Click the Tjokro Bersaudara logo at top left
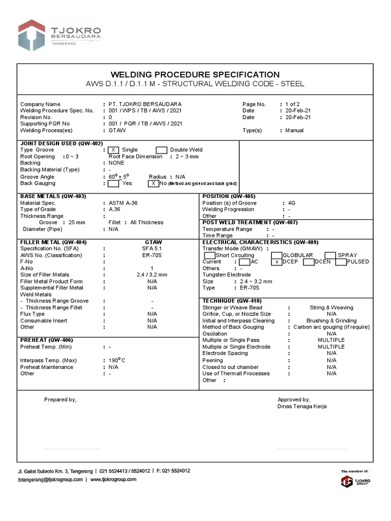59,35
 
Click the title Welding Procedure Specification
195,74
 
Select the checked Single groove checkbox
114,150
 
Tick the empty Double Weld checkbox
161,150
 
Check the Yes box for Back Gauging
114,183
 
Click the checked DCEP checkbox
276,262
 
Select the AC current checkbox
244,262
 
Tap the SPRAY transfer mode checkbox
330,255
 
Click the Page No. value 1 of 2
292,104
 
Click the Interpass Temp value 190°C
117,361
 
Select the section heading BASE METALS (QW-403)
53,196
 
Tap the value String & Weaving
331,308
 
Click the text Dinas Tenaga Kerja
302,407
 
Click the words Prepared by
60,400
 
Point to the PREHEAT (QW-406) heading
46,340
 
